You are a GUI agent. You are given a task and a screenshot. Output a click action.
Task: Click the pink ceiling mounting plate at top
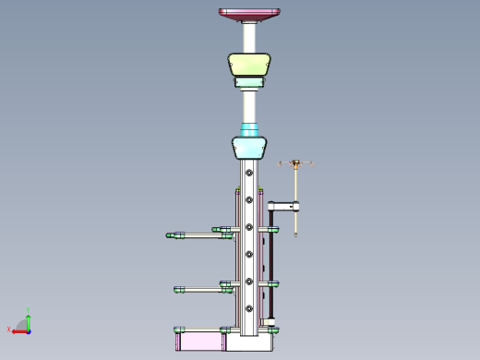pos(249,14)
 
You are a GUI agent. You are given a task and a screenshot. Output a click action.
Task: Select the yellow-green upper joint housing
pos(249,66)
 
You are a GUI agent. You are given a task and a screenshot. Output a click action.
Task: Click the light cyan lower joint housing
pos(249,148)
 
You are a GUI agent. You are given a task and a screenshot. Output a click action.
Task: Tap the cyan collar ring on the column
pos(249,129)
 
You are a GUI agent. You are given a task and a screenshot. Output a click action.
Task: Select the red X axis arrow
pos(18,330)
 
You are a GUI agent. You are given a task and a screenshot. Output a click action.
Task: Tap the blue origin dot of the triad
pos(29,330)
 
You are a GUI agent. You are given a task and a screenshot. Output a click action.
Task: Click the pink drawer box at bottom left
pos(200,342)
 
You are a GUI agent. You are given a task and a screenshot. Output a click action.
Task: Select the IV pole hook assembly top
pos(295,164)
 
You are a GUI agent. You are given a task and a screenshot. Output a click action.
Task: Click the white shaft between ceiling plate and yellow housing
pos(249,37)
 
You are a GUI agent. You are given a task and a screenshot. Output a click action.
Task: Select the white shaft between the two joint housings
pos(249,106)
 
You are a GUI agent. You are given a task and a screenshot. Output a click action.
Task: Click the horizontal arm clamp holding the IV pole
pos(282,206)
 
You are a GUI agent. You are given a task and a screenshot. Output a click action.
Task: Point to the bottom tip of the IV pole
pos(295,234)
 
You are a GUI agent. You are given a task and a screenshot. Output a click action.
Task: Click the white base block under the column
pos(249,342)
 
